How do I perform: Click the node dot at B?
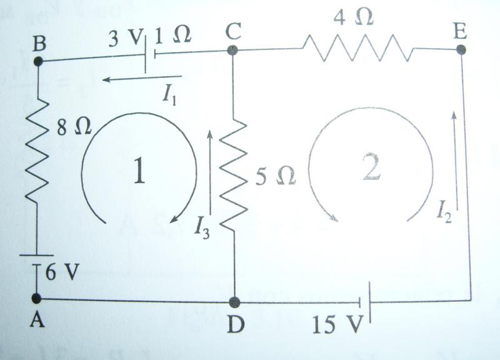pyautogui.click(x=38, y=61)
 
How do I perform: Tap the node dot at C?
pyautogui.click(x=233, y=50)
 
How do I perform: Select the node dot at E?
pyautogui.click(x=461, y=50)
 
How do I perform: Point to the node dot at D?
pyautogui.click(x=235, y=302)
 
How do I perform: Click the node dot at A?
pyautogui.click(x=37, y=298)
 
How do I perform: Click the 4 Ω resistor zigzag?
pyautogui.click(x=358, y=48)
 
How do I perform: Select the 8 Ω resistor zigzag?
pyautogui.click(x=37, y=150)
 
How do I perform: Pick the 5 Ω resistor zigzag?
pyautogui.click(x=234, y=174)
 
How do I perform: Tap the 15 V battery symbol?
pyautogui.click(x=364, y=302)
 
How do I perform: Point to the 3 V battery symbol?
pyautogui.click(x=149, y=55)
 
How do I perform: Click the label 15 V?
pyautogui.click(x=338, y=324)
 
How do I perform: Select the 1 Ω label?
pyautogui.click(x=173, y=34)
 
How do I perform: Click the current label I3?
pyautogui.click(x=202, y=228)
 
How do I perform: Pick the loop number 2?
pyautogui.click(x=371, y=167)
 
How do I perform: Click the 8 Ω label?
pyautogui.click(x=74, y=127)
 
